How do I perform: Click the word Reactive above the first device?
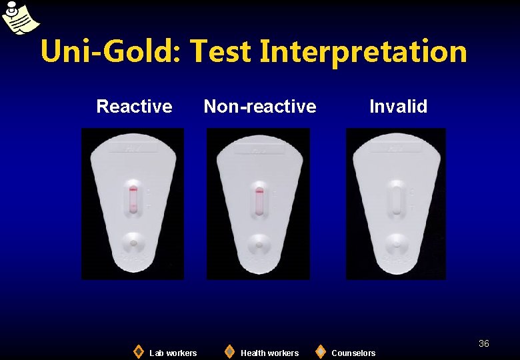pos(134,106)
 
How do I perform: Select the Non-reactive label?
pos(259,106)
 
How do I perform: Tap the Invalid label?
pos(398,106)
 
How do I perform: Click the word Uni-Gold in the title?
pos(110,51)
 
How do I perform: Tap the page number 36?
pos(483,343)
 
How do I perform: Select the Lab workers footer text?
pos(173,353)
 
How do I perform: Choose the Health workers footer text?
pos(269,353)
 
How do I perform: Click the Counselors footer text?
pos(353,353)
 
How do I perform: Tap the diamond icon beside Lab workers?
pos(138,351)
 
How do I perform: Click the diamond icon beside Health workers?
pos(229,351)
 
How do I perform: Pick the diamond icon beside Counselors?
pos(321,351)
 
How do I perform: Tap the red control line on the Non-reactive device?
pos(259,191)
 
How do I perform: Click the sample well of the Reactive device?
pos(133,243)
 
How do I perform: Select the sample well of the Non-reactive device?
pos(259,245)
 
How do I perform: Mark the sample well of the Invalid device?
pos(397,243)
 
